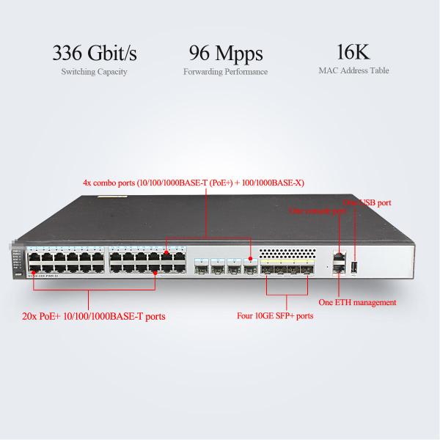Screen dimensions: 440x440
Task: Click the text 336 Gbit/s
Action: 94,54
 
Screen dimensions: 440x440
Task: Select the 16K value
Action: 353,53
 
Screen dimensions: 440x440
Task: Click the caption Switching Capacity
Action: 94,72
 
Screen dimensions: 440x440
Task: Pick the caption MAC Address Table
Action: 353,71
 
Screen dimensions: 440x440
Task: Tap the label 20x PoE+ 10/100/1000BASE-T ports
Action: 93,317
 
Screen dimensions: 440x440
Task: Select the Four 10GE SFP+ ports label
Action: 275,316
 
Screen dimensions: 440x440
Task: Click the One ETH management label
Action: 357,302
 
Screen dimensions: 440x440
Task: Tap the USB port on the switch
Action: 353,267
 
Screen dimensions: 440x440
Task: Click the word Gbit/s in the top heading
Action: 114,54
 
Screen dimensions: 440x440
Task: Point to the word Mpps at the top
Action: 241,54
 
